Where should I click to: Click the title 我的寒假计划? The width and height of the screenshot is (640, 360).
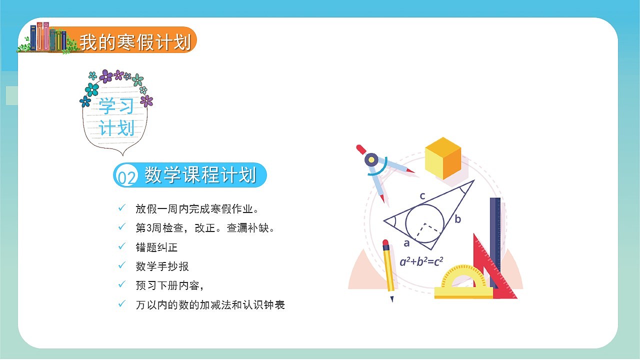point(135,42)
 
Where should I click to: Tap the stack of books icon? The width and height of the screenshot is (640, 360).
point(48,37)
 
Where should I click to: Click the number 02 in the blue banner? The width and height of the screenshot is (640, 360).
point(125,177)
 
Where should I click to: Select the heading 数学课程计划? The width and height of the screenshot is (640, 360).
point(200,175)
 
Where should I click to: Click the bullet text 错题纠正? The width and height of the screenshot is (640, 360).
point(156,247)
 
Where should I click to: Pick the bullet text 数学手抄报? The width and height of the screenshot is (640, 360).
point(162,266)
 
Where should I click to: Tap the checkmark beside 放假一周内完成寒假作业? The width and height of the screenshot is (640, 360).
point(121,207)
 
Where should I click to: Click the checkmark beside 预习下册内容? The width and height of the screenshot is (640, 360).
point(121,284)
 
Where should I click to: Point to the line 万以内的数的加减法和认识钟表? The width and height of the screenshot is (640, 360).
point(210,304)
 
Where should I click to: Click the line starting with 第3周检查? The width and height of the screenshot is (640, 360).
point(205,228)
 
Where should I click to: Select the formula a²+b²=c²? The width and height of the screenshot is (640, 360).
point(421,261)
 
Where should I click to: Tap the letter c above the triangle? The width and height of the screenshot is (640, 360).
point(422,196)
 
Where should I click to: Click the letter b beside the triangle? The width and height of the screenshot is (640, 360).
point(457,219)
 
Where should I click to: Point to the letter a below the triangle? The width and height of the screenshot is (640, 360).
point(406,243)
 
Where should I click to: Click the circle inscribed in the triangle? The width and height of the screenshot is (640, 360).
point(424,223)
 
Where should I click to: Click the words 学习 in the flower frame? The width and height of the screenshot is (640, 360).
point(116,106)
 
